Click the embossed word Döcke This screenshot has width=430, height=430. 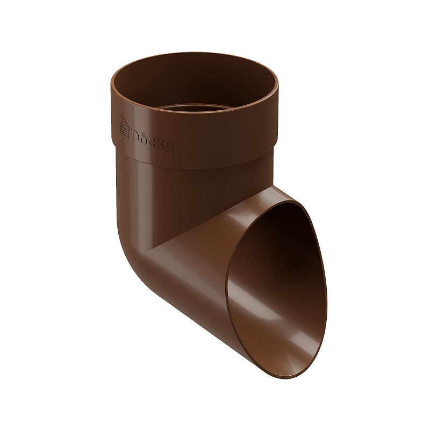(x=153, y=139)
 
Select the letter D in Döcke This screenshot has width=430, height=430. (x=135, y=135)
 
